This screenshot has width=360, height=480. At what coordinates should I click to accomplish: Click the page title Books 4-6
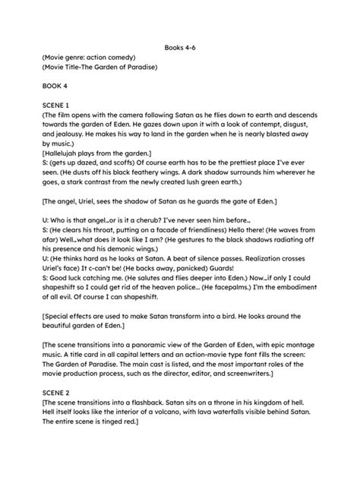coord(180,47)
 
